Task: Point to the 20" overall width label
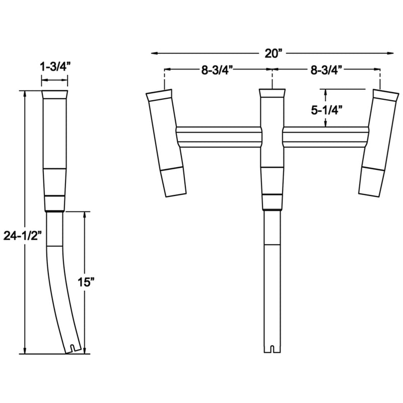pos(272,52)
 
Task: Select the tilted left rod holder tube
pos(167,143)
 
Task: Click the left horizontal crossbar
pos(219,137)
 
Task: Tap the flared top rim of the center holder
pos(272,94)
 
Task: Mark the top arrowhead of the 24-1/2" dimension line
pos(25,93)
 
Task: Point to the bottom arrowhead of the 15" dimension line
pos(85,350)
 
